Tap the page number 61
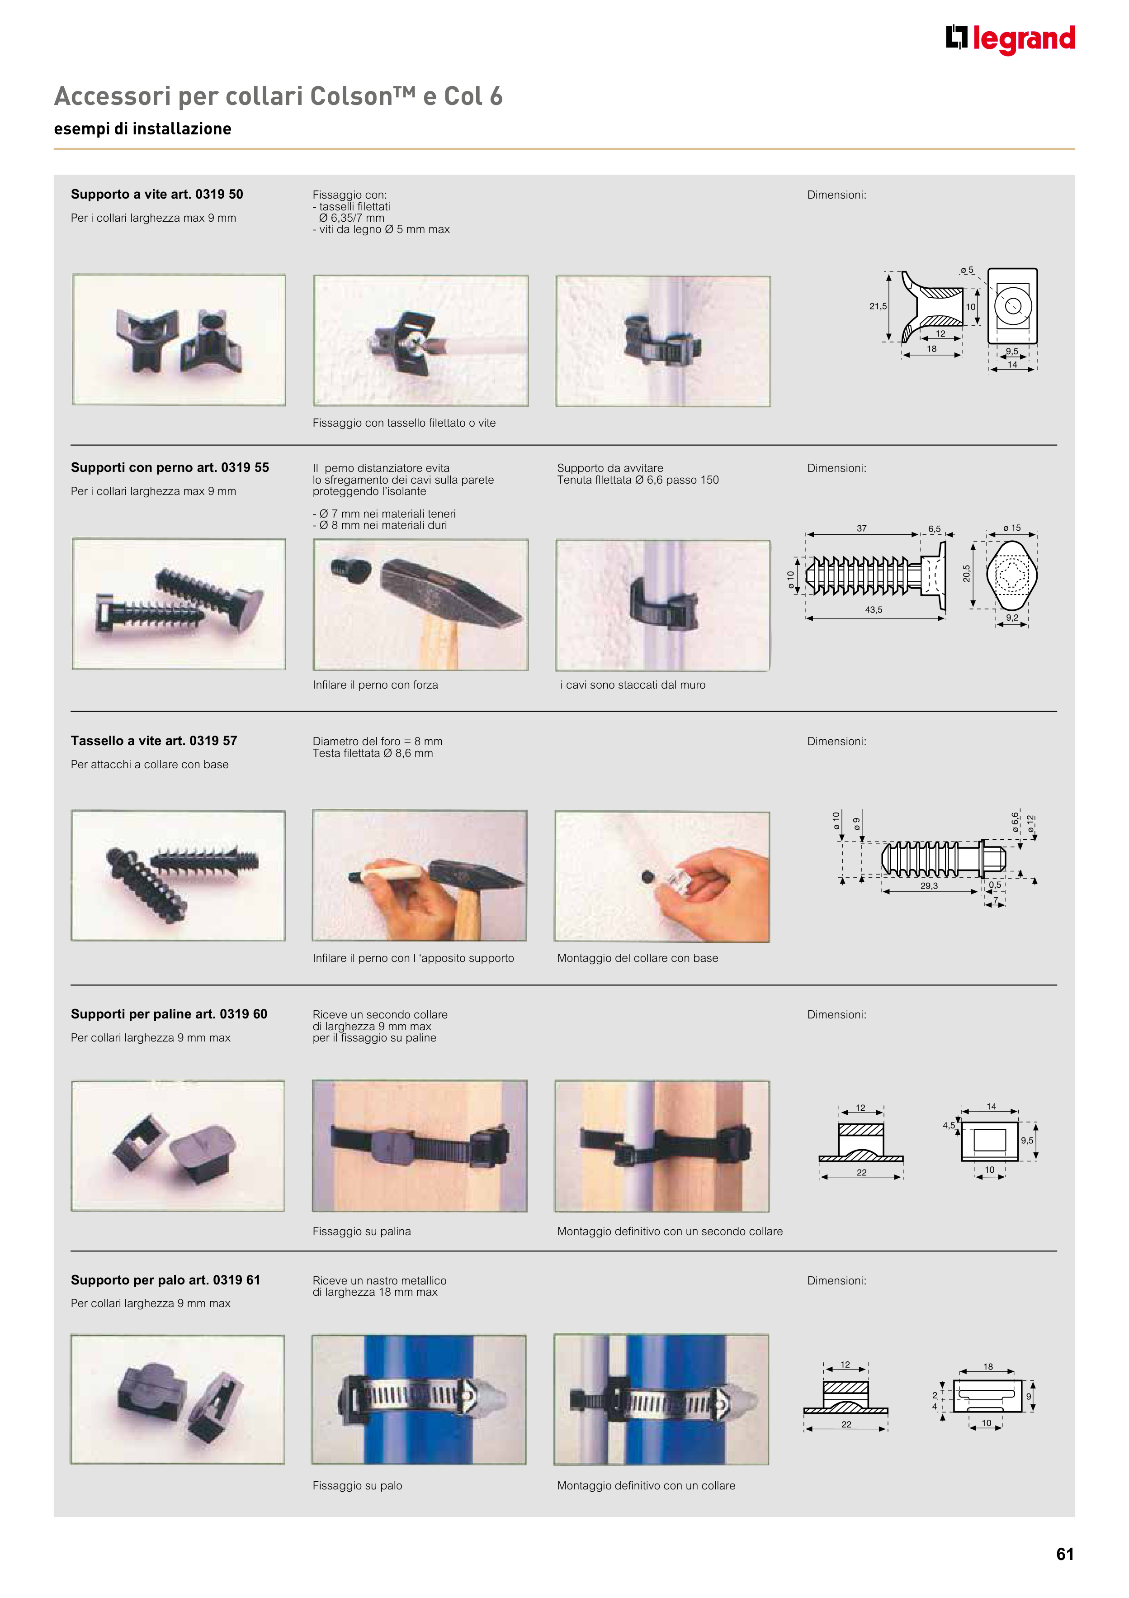[x=1064, y=1554]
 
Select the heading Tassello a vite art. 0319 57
[x=154, y=741]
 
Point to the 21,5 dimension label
[x=878, y=306]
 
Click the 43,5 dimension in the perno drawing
[x=874, y=610]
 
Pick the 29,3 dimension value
[x=929, y=886]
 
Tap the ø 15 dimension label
[x=1012, y=528]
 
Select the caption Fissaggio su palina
[x=362, y=1231]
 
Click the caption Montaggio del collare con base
[x=637, y=958]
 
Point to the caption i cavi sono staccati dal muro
[x=633, y=685]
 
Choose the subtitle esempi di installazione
[x=142, y=129]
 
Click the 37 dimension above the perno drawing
[x=862, y=528]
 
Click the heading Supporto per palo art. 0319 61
[x=165, y=1280]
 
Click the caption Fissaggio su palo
[x=357, y=1485]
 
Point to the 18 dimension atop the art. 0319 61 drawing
[x=988, y=1366]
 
